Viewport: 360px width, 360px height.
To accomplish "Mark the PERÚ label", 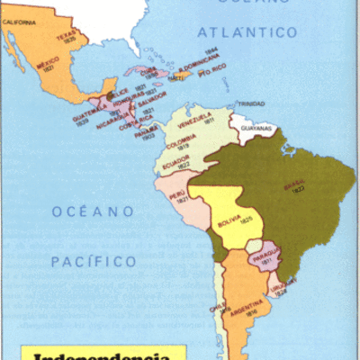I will point(177,193).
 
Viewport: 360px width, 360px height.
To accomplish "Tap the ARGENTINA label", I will point(243,316).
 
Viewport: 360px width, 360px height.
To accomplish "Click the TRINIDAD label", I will point(250,103).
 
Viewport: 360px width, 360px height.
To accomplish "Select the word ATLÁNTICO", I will point(248,32).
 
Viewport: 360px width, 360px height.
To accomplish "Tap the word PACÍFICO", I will point(93,262).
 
